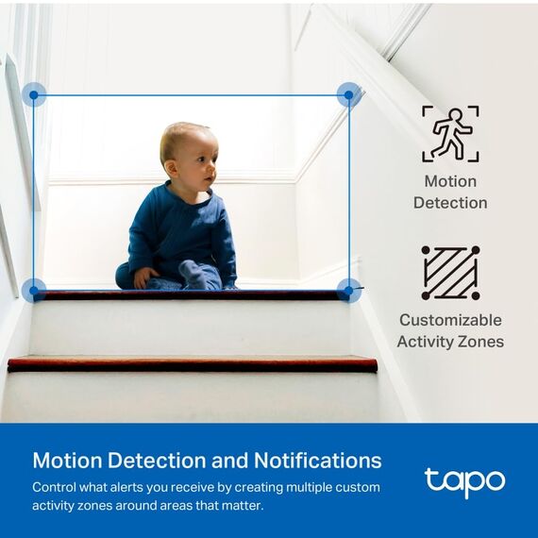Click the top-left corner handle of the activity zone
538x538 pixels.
pos(34,94)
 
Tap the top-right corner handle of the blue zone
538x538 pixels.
pos(349,94)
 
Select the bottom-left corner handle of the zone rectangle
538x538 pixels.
pos(34,290)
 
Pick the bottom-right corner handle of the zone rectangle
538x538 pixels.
pos(349,290)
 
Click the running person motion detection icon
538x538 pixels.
pos(450,133)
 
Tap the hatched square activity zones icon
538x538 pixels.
pos(450,273)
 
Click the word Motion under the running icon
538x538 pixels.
pos(450,181)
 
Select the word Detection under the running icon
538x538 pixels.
pos(450,202)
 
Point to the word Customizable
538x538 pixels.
pos(450,320)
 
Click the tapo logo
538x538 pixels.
pos(464,482)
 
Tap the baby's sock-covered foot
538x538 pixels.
pos(194,275)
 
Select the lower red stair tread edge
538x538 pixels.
pos(193,363)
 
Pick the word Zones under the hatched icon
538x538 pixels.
pos(479,341)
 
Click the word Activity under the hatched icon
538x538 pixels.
pos(426,341)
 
